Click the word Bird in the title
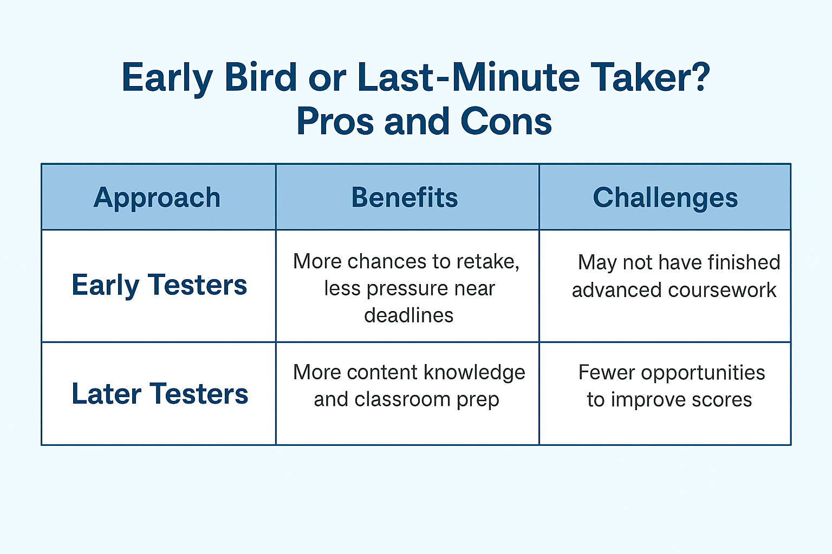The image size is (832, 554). (x=261, y=77)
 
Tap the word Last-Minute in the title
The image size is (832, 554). (x=468, y=77)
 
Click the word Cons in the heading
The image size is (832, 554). (x=506, y=122)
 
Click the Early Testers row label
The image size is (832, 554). (x=159, y=285)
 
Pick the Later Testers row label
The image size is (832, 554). (x=160, y=394)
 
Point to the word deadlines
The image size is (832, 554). (x=408, y=315)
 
